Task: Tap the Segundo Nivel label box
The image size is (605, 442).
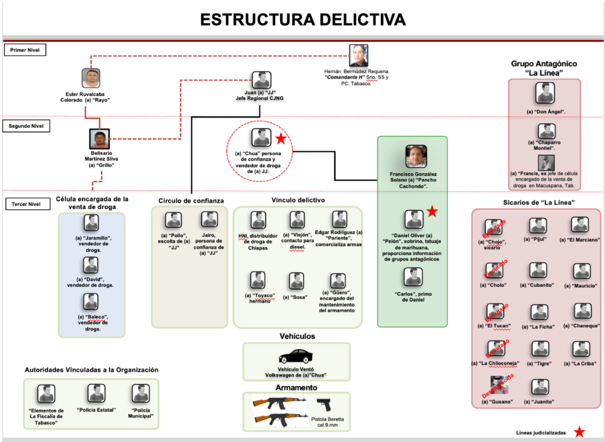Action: click(x=27, y=125)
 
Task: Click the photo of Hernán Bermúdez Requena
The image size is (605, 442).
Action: click(x=358, y=54)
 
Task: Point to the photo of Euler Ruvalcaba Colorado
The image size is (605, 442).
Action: click(x=91, y=79)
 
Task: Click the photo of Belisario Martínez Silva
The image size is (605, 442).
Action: click(x=99, y=139)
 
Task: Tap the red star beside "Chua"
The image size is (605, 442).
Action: click(x=281, y=138)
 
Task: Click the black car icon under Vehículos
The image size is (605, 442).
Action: click(x=295, y=357)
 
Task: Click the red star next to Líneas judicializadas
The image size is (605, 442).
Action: click(x=580, y=432)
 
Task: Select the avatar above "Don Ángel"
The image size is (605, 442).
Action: click(x=546, y=94)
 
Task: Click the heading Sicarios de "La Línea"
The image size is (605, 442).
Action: click(x=535, y=202)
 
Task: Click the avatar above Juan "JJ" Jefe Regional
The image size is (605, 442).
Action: click(x=261, y=81)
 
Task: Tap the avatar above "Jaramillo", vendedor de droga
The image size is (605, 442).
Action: click(x=91, y=223)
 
